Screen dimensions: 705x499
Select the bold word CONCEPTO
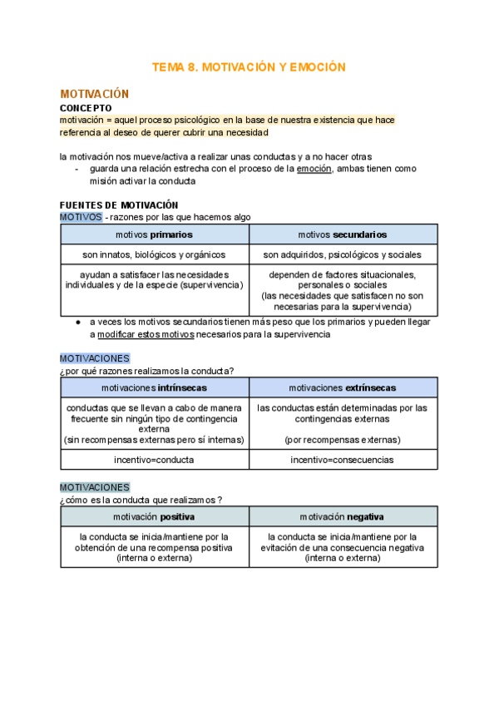tap(86, 108)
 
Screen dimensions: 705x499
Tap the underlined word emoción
tap(314, 169)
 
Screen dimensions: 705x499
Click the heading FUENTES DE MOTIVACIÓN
tap(119, 205)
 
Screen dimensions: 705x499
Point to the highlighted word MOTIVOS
tap(81, 217)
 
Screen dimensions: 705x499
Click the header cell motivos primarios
tap(154, 234)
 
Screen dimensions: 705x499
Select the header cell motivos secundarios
tap(342, 234)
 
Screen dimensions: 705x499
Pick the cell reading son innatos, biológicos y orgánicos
tap(154, 254)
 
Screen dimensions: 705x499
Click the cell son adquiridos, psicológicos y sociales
tap(342, 254)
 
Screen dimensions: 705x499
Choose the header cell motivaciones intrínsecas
tap(154, 387)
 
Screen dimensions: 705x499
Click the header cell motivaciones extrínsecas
tap(342, 387)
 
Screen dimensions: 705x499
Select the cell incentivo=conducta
tap(154, 459)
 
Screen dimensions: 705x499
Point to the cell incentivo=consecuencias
tap(342, 459)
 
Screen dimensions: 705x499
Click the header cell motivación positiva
tap(154, 516)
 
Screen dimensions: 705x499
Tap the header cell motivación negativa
tap(342, 516)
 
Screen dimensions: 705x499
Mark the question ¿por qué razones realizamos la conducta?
tap(146, 371)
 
